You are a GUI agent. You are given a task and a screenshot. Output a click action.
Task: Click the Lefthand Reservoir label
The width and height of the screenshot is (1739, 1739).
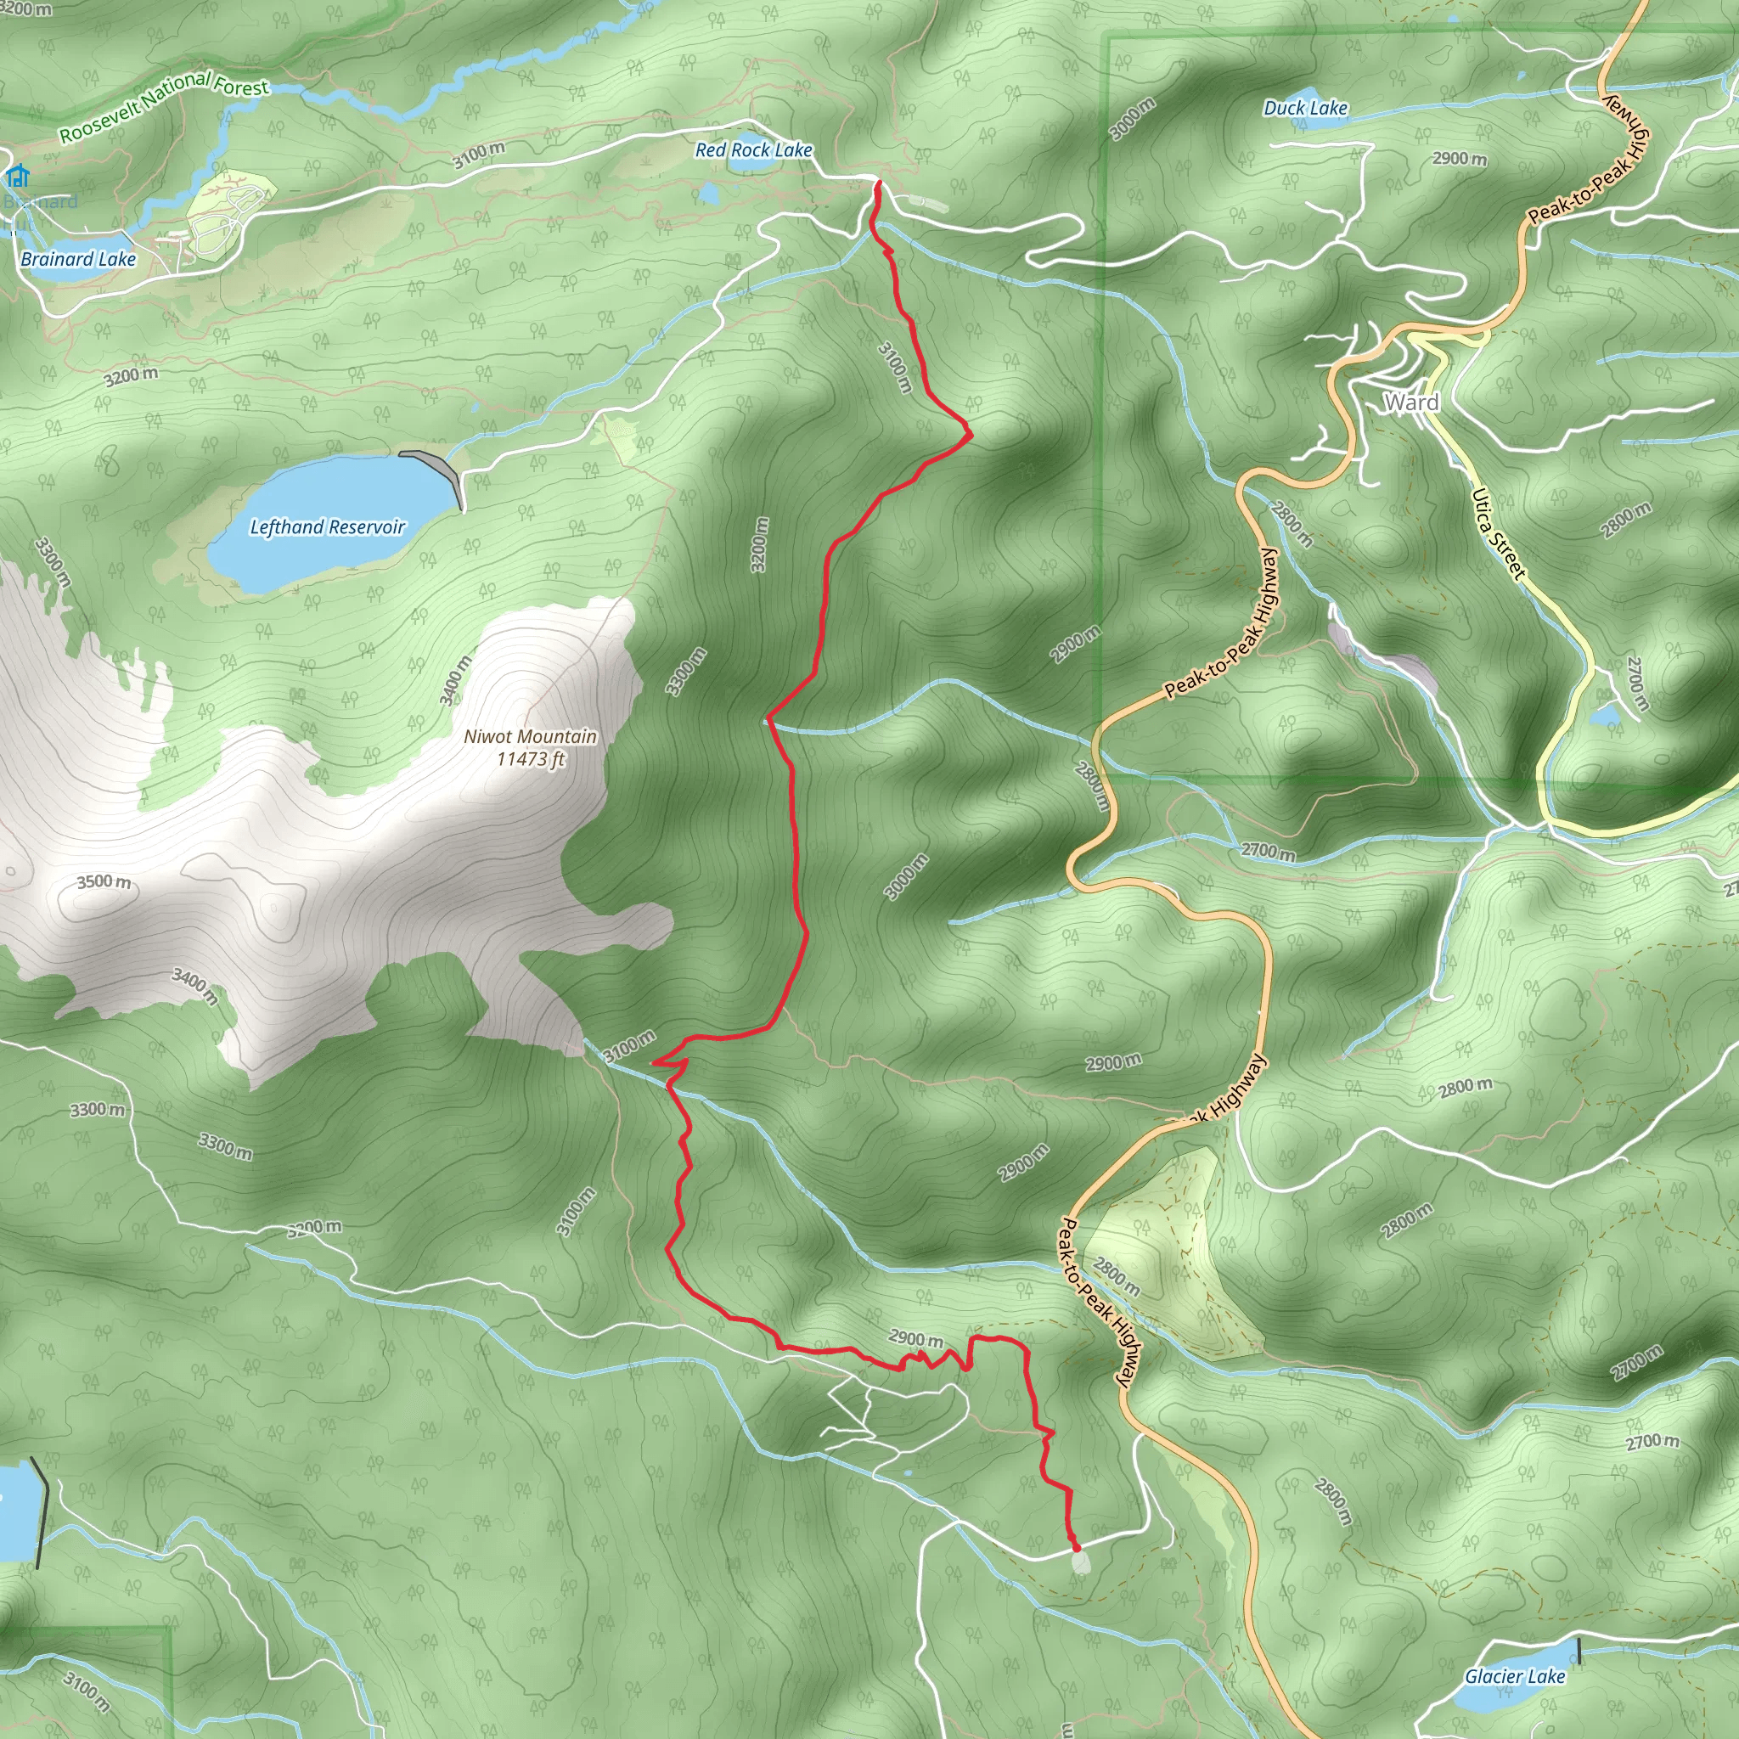(x=328, y=526)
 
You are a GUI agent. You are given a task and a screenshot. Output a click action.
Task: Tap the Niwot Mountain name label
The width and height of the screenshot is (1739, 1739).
(x=530, y=736)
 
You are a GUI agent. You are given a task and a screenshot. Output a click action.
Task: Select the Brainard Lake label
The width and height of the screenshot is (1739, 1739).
(x=78, y=259)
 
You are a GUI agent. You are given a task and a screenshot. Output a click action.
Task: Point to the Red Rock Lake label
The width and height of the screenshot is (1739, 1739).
(x=753, y=150)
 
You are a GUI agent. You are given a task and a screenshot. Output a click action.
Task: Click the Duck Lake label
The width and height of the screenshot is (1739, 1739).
(x=1305, y=108)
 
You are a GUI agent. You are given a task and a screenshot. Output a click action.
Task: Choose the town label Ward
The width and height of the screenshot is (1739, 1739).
(x=1410, y=402)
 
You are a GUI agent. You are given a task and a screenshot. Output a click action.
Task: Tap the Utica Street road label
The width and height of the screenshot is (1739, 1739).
(x=1498, y=533)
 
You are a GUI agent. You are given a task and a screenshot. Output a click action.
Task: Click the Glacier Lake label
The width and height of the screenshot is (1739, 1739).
(x=1515, y=1676)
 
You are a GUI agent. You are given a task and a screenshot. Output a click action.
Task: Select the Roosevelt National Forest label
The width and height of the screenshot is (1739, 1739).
(x=164, y=105)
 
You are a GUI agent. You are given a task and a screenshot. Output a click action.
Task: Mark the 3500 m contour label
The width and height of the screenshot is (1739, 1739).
(x=104, y=881)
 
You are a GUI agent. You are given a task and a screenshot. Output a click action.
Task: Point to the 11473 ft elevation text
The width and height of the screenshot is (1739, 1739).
(x=530, y=759)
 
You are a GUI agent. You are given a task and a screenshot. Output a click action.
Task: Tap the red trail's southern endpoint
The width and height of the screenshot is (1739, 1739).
(x=1076, y=1547)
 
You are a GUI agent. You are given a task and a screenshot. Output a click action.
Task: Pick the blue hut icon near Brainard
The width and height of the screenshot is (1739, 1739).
(x=16, y=176)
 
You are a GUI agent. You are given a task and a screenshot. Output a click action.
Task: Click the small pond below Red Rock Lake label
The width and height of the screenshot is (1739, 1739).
(x=709, y=193)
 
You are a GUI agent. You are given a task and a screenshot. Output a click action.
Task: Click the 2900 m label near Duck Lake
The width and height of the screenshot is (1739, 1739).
(x=1460, y=159)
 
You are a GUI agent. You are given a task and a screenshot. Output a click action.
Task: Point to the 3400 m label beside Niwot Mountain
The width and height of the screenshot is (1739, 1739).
(x=455, y=679)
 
